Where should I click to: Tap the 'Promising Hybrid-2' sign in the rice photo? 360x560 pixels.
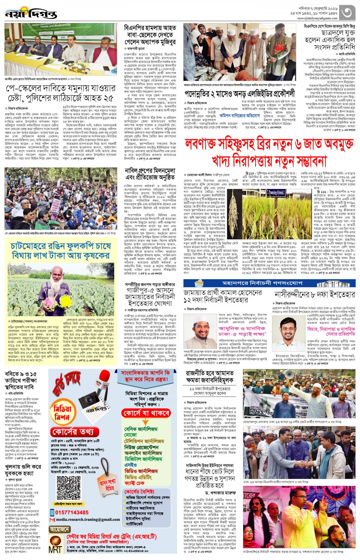pos(277,193)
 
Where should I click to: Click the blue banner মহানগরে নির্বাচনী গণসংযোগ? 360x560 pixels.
pos(269,283)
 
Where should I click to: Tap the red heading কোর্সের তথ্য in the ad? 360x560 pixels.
pos(75,432)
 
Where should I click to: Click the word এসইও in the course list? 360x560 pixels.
pos(131,465)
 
